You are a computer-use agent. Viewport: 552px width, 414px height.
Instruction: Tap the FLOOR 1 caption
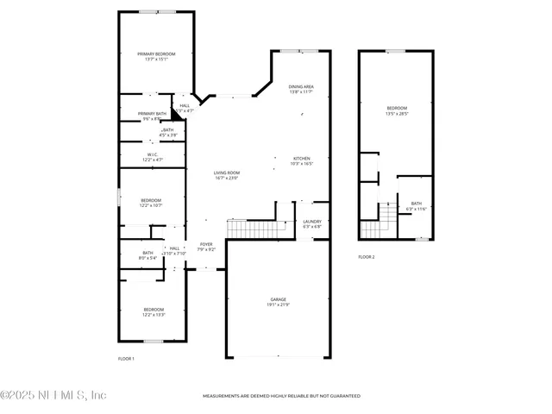(x=126, y=358)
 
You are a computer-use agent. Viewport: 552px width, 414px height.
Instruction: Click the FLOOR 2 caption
(x=367, y=257)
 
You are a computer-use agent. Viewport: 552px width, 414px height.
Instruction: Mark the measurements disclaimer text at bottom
(x=281, y=396)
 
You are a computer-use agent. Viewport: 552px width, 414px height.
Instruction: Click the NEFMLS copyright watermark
(x=53, y=395)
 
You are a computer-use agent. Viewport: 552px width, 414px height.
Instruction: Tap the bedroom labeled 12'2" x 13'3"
(x=154, y=311)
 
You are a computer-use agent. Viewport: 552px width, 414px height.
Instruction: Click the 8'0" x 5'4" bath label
(x=147, y=255)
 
